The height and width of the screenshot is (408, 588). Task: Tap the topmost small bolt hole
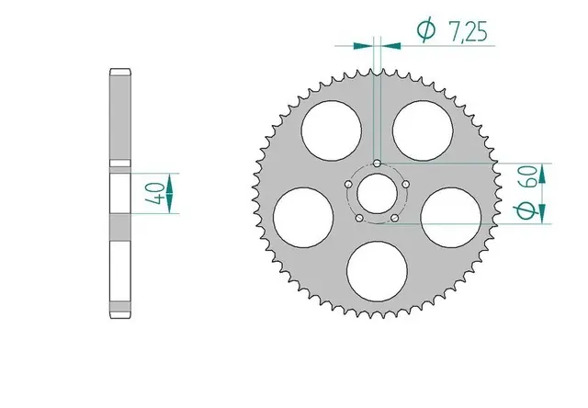[377, 164]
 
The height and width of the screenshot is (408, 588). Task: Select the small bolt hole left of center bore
[347, 185]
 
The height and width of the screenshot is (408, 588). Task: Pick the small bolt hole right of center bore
[405, 185]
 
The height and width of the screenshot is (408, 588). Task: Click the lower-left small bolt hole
[358, 219]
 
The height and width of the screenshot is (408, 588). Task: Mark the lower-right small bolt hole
[394, 219]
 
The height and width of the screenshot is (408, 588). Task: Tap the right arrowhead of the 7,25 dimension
[389, 42]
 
